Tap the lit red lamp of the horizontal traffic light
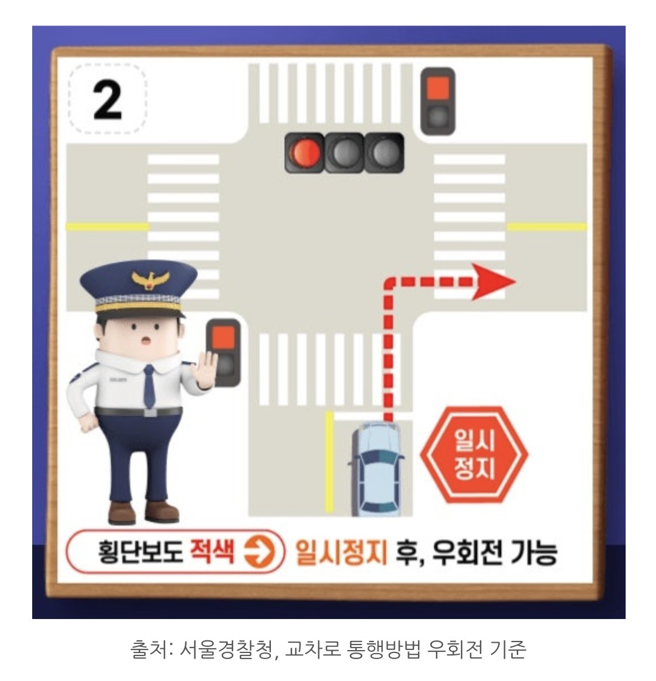[x=306, y=153]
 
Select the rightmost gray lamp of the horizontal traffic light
[x=384, y=153]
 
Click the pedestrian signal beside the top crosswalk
[x=438, y=100]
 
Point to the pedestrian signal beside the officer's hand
[x=224, y=352]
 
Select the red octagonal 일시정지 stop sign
[x=474, y=454]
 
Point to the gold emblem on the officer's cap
[x=146, y=280]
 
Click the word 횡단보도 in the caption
[x=140, y=552]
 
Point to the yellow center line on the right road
[x=547, y=227]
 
